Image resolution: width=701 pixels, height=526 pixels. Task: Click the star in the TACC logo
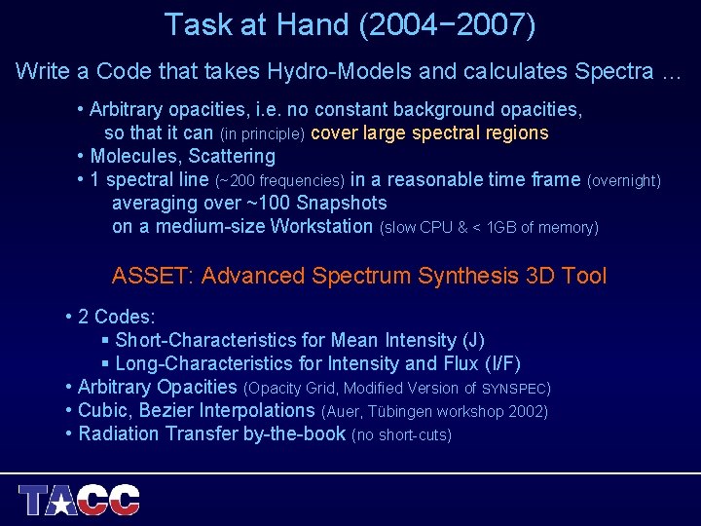pyautogui.click(x=63, y=503)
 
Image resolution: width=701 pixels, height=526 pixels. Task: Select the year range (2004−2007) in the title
pyautogui.click(x=447, y=24)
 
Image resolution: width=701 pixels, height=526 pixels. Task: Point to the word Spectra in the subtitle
pyautogui.click(x=611, y=71)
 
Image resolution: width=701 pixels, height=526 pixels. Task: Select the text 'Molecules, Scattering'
pyautogui.click(x=182, y=156)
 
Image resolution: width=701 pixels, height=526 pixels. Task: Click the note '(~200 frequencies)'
pyautogui.click(x=279, y=180)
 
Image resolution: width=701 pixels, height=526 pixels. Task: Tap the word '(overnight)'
pyautogui.click(x=624, y=180)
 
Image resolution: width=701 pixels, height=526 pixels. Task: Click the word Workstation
pyautogui.click(x=322, y=227)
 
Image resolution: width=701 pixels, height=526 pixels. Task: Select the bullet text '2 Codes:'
pyautogui.click(x=116, y=317)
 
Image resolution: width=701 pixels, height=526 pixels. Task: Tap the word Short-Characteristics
pyautogui.click(x=205, y=340)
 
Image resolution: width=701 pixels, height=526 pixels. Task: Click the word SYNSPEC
pyautogui.click(x=514, y=389)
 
